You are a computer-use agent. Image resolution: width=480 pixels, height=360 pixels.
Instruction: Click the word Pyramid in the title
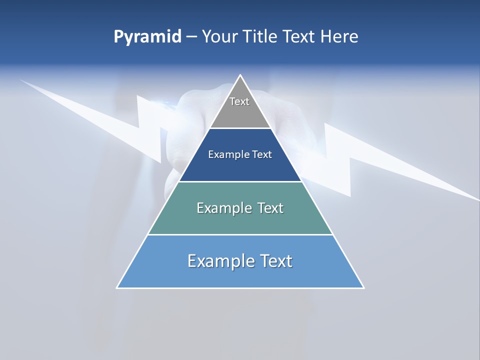click(x=147, y=37)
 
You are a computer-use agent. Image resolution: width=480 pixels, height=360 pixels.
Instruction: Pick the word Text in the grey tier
click(x=239, y=101)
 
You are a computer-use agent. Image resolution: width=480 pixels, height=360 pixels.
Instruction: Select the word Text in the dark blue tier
click(x=262, y=155)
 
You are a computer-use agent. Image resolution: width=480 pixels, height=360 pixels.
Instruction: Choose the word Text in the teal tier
click(x=270, y=208)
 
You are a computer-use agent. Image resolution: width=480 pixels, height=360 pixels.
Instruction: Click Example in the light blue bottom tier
click(x=219, y=261)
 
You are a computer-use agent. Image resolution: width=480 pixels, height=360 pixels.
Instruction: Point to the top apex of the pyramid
click(x=240, y=75)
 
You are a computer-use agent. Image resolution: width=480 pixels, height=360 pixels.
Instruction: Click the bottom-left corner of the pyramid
click(x=117, y=287)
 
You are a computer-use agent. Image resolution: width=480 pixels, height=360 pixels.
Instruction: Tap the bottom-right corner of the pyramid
click(x=363, y=287)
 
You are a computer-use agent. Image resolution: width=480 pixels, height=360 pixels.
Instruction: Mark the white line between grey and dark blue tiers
click(x=240, y=128)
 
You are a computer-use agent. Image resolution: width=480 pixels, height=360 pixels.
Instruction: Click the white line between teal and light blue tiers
click(x=240, y=234)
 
